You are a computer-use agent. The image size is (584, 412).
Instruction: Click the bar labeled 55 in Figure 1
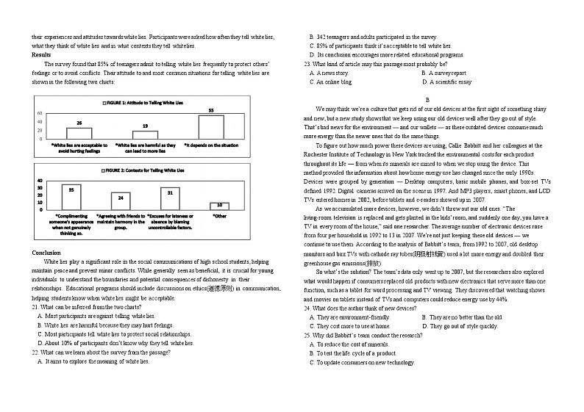click(211, 126)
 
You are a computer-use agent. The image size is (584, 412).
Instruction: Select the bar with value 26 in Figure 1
click(79, 134)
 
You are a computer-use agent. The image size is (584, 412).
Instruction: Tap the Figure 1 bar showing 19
click(146, 135)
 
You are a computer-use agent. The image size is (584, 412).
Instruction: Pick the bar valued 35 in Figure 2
click(71, 198)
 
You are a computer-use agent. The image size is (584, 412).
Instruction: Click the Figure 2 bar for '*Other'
click(219, 206)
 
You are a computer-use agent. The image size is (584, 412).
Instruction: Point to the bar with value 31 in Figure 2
click(170, 198)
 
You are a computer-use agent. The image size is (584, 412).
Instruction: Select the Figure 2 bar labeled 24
click(121, 201)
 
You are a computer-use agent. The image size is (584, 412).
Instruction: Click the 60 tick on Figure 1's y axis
click(40, 113)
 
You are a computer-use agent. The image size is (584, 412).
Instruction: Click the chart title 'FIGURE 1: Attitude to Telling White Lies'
click(146, 104)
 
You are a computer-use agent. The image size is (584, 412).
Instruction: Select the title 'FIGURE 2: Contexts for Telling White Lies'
click(146, 170)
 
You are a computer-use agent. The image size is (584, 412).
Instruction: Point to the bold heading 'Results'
click(42, 54)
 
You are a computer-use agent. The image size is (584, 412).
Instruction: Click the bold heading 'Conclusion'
click(46, 252)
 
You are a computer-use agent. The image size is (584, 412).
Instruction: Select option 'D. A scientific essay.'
click(447, 82)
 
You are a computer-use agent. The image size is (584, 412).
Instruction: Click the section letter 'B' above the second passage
click(427, 99)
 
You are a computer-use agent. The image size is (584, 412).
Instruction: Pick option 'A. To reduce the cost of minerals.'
click(352, 344)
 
